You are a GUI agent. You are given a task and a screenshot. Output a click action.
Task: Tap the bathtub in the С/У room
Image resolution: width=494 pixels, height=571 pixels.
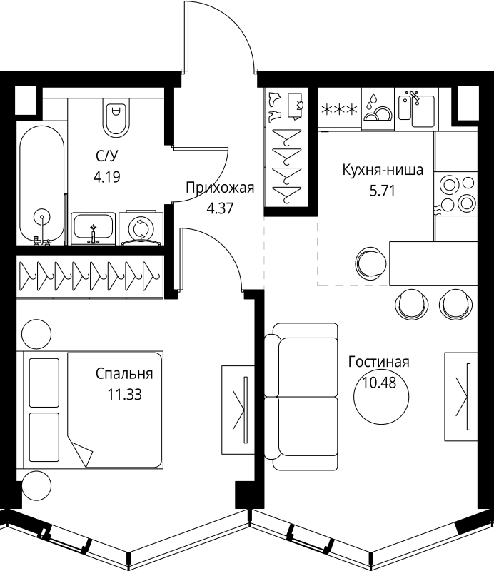(43, 184)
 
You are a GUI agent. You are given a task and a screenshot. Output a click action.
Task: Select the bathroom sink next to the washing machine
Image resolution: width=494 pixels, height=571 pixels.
(94, 228)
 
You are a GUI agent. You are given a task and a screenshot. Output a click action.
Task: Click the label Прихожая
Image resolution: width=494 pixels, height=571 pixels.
(220, 188)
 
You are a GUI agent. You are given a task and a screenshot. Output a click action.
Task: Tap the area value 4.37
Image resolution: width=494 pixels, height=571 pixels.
(220, 208)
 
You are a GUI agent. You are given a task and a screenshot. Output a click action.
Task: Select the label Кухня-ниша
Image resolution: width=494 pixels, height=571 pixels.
(383, 171)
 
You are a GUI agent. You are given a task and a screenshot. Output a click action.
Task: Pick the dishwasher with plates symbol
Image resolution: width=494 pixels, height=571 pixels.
(376, 109)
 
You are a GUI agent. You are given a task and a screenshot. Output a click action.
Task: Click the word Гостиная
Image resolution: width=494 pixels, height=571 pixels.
(378, 362)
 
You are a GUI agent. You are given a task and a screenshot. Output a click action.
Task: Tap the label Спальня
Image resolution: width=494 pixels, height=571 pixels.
(124, 373)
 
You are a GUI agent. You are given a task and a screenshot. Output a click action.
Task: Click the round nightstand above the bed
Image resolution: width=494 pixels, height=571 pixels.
(36, 333)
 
